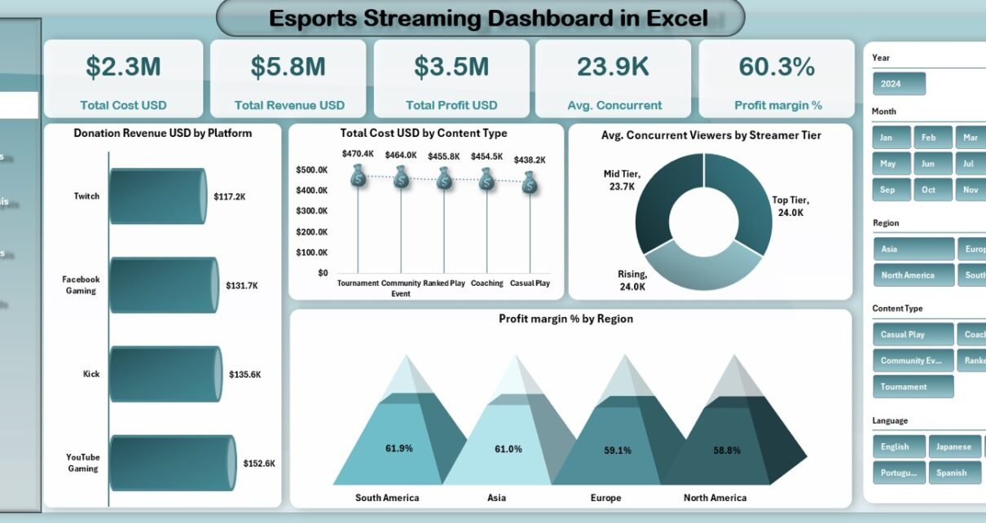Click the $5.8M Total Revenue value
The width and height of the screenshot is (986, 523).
[288, 67]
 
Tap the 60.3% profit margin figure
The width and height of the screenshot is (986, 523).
[776, 67]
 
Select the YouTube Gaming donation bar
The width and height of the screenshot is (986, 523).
[172, 463]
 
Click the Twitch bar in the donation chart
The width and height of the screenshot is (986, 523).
[157, 196]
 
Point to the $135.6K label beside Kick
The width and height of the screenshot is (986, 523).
[244, 374]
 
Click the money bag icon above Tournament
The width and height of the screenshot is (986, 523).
[358, 176]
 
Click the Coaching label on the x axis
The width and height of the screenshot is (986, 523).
[486, 283]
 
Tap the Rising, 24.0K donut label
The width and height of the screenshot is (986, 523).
[633, 280]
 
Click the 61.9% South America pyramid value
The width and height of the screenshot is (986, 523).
[399, 448]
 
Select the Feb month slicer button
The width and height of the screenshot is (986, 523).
[928, 138]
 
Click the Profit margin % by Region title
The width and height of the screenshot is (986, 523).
[566, 319]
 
